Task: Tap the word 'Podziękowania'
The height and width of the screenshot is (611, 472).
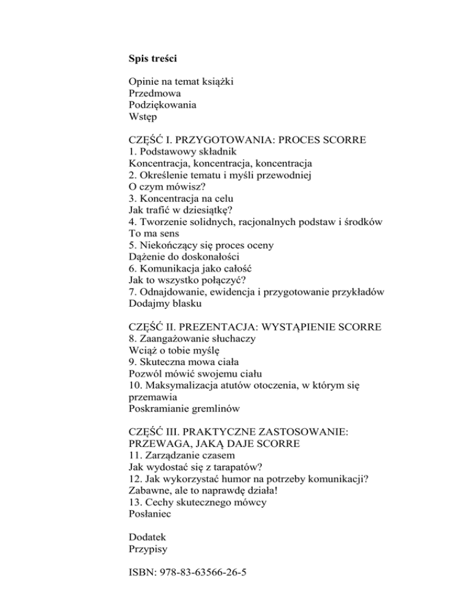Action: (x=163, y=104)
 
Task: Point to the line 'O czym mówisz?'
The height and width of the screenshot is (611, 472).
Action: (x=167, y=187)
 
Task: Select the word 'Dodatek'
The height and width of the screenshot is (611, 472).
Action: (x=148, y=537)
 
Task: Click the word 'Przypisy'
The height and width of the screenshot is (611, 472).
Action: (x=148, y=548)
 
